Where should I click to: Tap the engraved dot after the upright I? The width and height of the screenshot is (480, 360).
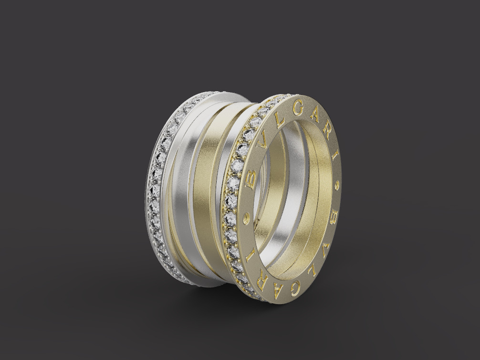click(338, 183)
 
